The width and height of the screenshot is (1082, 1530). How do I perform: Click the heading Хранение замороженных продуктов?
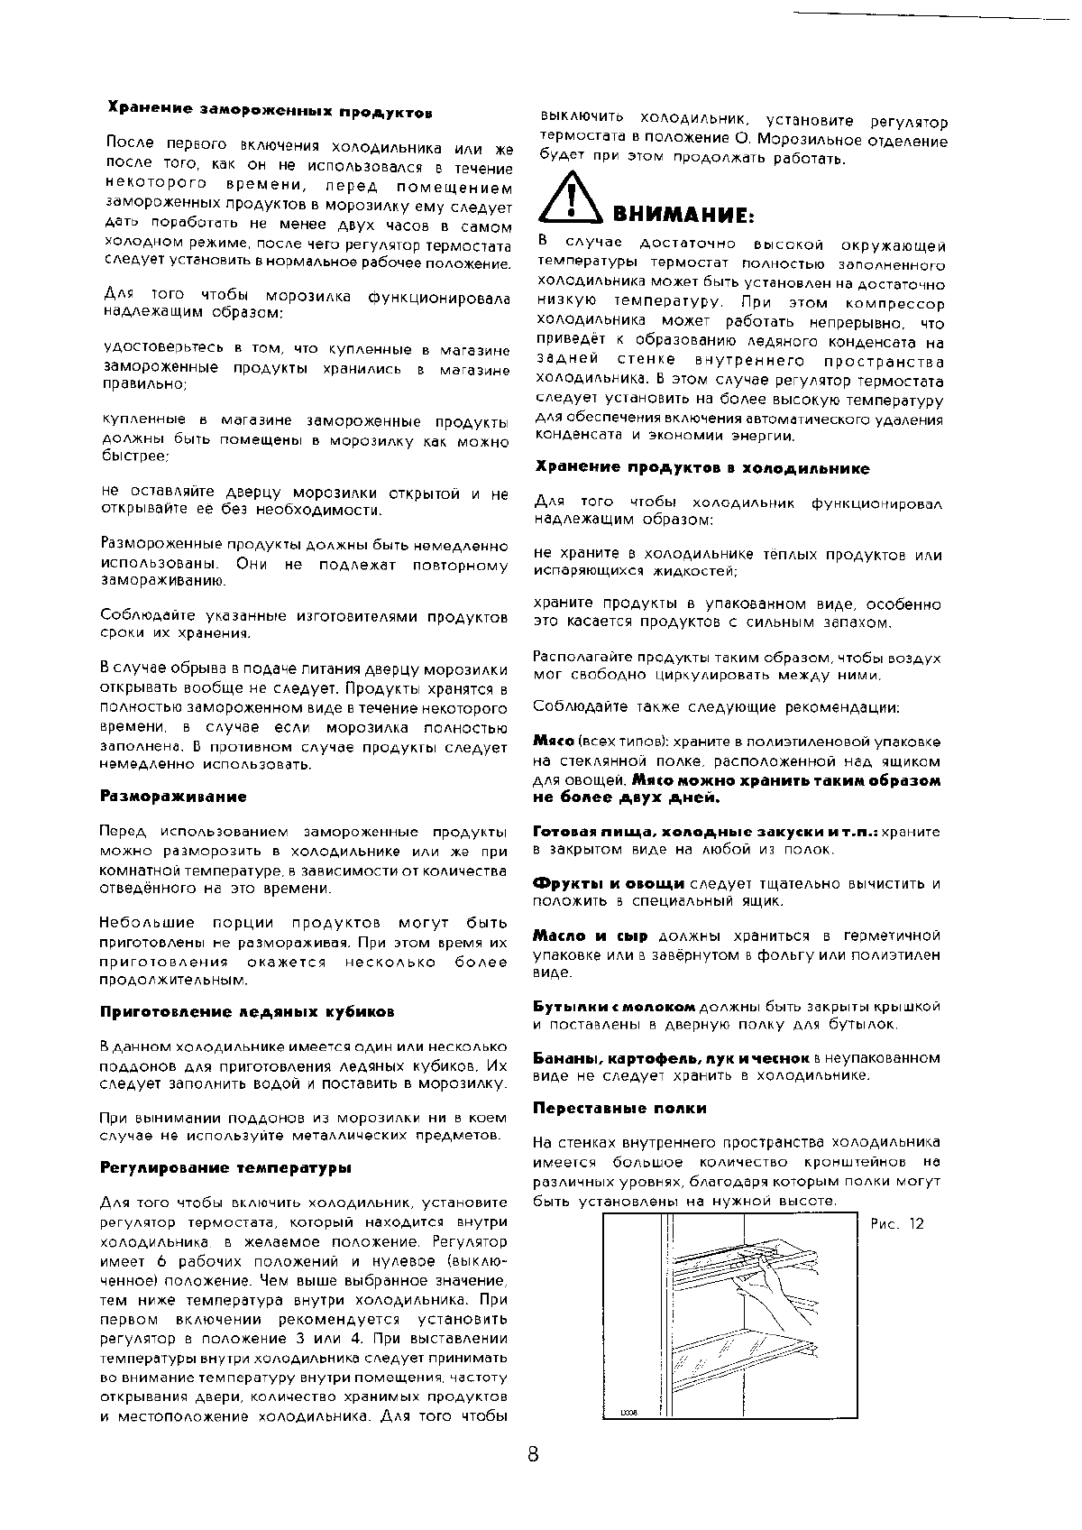(x=270, y=112)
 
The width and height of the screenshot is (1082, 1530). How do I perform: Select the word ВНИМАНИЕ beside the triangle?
(x=683, y=216)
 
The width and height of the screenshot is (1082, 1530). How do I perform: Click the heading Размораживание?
(x=173, y=797)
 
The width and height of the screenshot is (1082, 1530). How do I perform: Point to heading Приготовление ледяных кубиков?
(x=247, y=1011)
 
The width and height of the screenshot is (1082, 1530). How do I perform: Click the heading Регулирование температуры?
(x=225, y=1167)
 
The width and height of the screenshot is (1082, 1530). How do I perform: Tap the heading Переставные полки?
(x=619, y=1108)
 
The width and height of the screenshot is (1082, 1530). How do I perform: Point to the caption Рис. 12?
(x=897, y=1224)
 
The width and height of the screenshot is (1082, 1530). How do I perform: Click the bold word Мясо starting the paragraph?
(x=554, y=741)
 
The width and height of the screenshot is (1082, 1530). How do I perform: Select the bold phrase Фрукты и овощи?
(x=609, y=883)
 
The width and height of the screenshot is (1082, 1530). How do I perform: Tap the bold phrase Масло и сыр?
(x=592, y=936)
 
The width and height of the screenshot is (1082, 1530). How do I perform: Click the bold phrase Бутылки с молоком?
(x=614, y=1006)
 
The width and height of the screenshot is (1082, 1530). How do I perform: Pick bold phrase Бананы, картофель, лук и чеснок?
(x=671, y=1057)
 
